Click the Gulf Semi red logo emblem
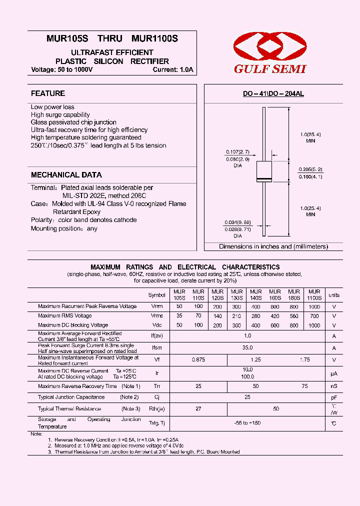[269, 47]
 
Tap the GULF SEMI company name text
[270, 69]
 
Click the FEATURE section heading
[48, 93]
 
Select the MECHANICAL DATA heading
[66, 175]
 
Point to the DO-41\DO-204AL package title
[273, 94]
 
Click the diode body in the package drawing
[263, 171]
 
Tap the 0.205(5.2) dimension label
[310, 169]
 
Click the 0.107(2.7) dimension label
[237, 152]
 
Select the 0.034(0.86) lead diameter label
[237, 222]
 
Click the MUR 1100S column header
[314, 294]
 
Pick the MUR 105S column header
[179, 294]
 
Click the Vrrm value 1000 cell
[314, 306]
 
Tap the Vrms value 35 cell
[179, 316]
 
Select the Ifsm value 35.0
[247, 347]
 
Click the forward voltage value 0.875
[198, 359]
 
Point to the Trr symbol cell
[156, 386]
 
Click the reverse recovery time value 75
[304, 386]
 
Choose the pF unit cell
[334, 397]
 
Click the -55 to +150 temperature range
[247, 423]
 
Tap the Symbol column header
[156, 295]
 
